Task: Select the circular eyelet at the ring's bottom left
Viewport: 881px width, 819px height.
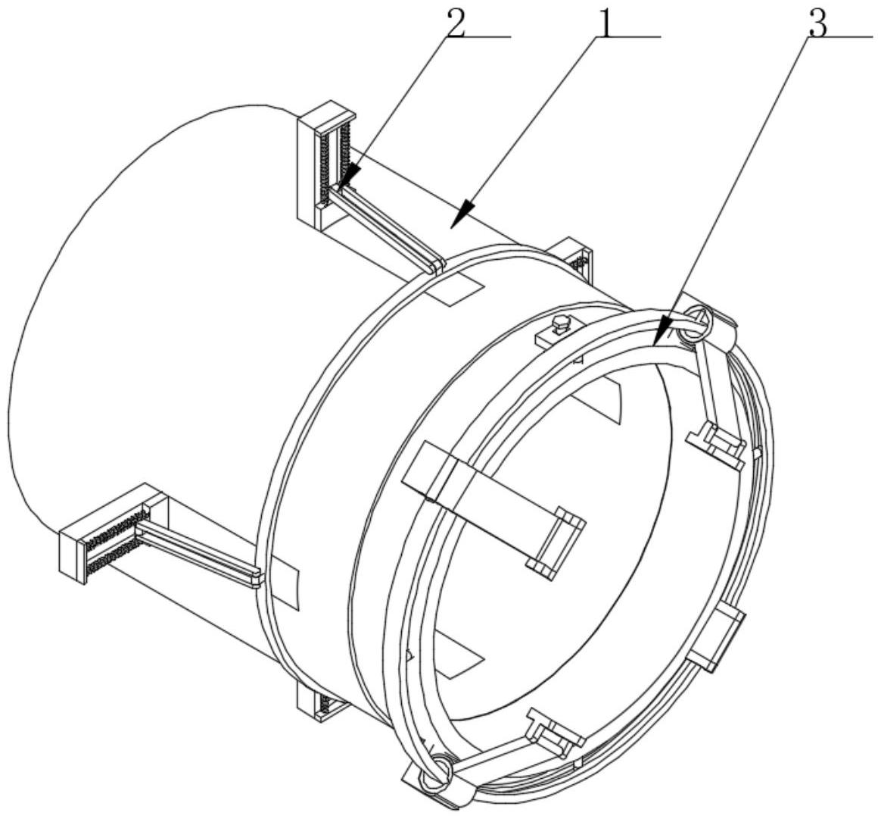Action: [437, 770]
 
